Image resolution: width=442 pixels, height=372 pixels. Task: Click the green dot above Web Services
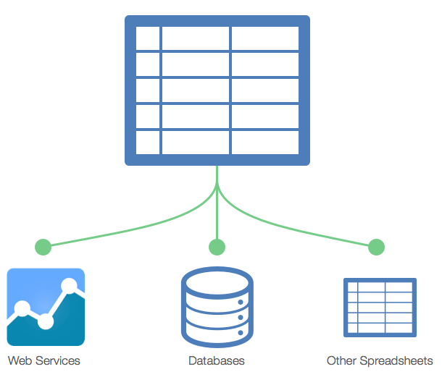tap(43, 247)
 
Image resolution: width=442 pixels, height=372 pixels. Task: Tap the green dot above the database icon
tap(217, 247)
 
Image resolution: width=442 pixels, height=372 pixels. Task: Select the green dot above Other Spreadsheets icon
tap(376, 247)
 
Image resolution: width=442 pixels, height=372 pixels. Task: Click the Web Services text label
tap(44, 360)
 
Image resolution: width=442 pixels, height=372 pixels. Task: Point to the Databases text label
tap(216, 360)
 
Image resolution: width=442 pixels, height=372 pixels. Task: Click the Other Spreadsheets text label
tap(380, 360)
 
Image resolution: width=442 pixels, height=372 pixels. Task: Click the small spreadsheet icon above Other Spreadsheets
tap(380, 307)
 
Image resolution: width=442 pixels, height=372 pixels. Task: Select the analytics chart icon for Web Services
tap(46, 307)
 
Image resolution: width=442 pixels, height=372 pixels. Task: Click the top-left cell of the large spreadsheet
tap(148, 38)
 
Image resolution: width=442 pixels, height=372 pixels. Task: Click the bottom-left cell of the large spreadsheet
tap(148, 141)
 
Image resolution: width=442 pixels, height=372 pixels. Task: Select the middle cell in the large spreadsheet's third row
tap(196, 90)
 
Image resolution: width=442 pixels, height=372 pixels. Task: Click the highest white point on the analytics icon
tap(70, 286)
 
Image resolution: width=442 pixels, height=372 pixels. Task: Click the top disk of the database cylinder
tap(217, 280)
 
